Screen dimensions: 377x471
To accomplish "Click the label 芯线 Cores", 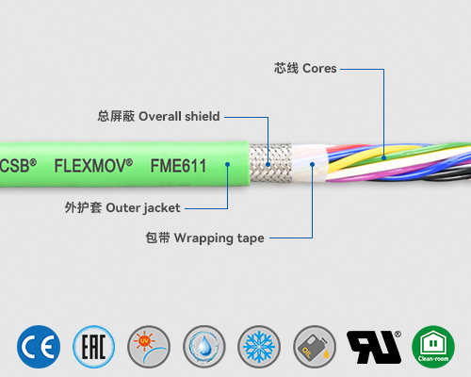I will tap(305, 69).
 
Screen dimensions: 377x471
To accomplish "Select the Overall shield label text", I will tap(158, 117).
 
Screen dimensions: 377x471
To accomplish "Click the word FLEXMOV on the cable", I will tap(92, 164).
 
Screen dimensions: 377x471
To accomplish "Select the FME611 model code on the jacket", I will tap(176, 164).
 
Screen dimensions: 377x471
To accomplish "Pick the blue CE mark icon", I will tap(39, 346).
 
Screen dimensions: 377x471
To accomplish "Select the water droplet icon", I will tap(203, 346).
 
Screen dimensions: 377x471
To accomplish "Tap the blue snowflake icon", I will tap(257, 346).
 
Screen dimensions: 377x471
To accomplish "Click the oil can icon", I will tap(313, 346).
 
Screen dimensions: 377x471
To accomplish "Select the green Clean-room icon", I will tap(431, 346).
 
